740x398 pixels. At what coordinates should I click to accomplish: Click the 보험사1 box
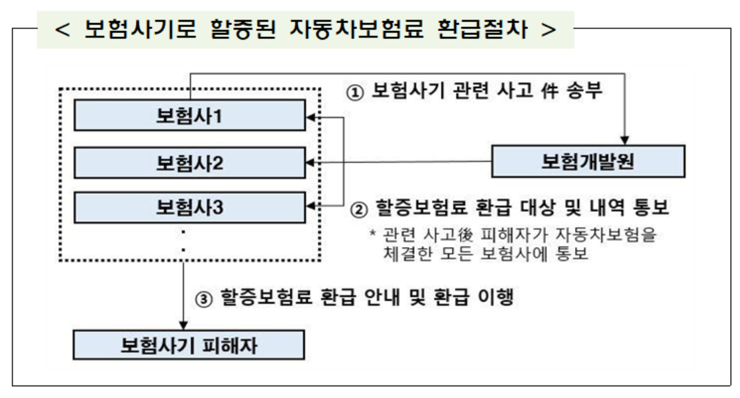(189, 117)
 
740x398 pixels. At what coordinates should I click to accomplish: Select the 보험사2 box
(189, 162)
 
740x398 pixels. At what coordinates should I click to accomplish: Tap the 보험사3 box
(189, 207)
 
